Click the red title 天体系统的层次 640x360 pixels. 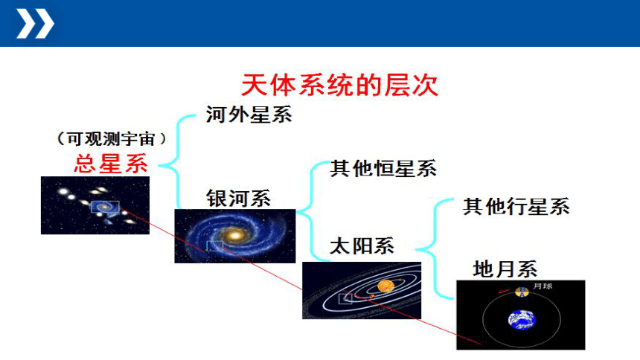tap(339, 85)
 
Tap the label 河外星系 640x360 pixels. tap(249, 115)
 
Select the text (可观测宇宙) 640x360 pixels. tap(112, 139)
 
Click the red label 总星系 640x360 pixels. tap(111, 164)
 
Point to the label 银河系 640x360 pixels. tap(238, 199)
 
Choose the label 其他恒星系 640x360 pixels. tap(383, 169)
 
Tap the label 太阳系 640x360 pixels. tap(362, 245)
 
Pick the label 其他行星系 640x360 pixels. tap(516, 207)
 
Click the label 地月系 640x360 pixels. tap(505, 269)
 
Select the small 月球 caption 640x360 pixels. tap(543, 286)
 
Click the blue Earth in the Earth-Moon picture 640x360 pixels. tap(522, 320)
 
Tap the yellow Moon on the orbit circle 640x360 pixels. tap(522, 292)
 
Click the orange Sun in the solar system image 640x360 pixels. tap(385, 286)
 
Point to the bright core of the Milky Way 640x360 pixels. tap(234, 235)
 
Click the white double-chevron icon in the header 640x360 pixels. tap(35, 24)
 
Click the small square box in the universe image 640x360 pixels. tap(105, 207)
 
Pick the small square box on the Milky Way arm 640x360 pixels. tap(214, 245)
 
